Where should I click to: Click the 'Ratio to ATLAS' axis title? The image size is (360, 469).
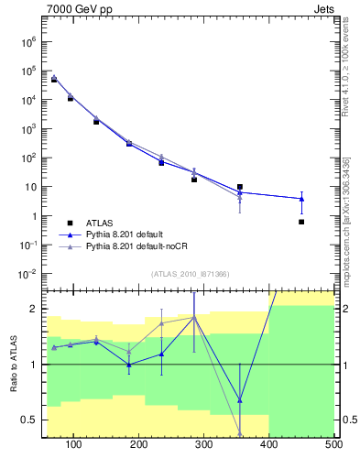pos(15,364)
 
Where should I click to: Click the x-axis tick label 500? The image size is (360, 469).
pos(333,445)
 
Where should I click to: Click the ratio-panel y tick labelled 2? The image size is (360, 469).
pos(33,309)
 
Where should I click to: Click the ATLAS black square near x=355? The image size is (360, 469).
pos(240,187)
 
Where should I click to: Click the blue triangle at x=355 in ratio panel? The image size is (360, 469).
pos(240,399)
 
